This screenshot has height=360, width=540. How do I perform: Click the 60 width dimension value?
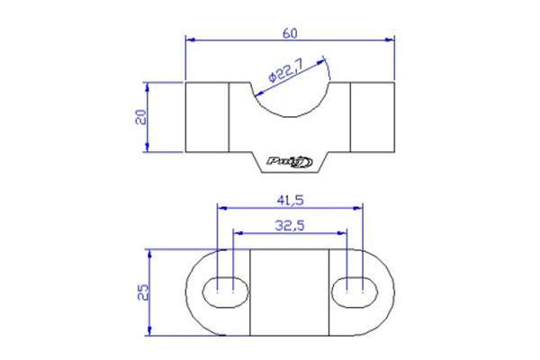coord(290,32)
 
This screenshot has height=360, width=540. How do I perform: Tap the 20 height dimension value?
coord(139,118)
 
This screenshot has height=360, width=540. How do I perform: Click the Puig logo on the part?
coord(290,162)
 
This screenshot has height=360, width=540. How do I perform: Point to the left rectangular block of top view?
coord(207,117)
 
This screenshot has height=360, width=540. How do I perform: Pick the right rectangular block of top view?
coord(373,117)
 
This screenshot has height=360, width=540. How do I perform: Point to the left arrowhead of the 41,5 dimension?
coord(221,206)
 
